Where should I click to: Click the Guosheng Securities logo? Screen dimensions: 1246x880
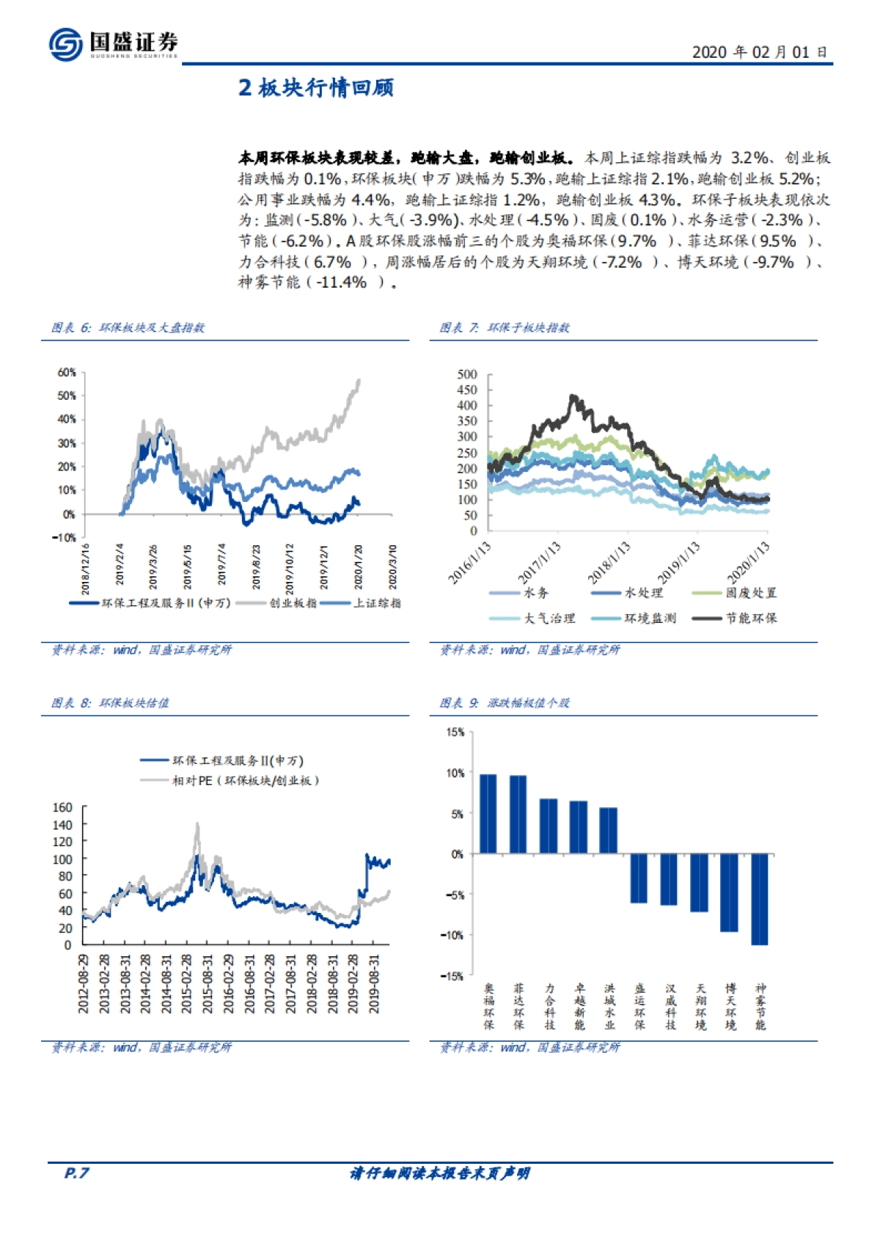pos(113,44)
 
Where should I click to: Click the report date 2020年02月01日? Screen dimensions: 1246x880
pos(759,52)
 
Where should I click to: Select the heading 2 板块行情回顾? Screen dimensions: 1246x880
pos(316,88)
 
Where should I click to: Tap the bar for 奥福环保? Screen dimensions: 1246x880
pos(488,814)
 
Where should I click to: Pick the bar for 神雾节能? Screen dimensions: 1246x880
pos(759,899)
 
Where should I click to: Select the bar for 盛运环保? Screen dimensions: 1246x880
pos(639,878)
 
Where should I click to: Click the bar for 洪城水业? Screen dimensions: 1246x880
pos(609,831)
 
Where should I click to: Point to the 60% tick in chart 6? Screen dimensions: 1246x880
pos(67,373)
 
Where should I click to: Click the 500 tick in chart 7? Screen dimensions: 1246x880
pos(467,374)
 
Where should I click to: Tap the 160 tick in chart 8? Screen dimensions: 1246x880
pos(63,808)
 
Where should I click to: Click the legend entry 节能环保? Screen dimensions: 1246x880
pos(751,619)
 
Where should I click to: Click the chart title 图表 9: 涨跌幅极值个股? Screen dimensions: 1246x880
pos(505,703)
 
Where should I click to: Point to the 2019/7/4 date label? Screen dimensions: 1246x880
pos(222,566)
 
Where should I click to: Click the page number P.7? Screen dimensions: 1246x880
pos(76,1173)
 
